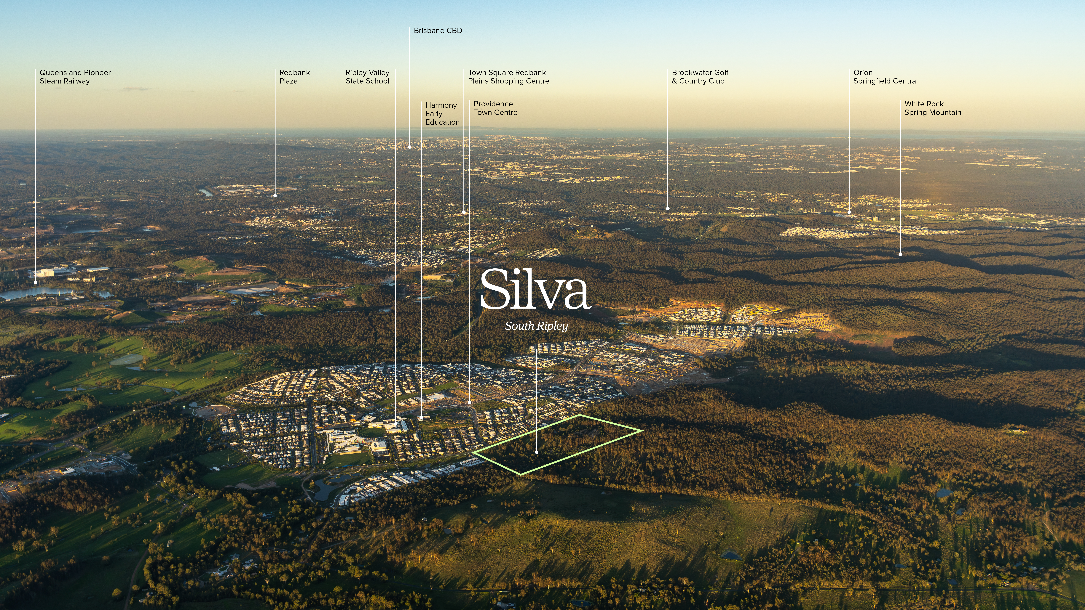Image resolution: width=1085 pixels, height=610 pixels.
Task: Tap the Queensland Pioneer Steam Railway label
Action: coord(75,77)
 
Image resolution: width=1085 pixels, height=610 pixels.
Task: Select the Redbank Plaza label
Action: coord(294,77)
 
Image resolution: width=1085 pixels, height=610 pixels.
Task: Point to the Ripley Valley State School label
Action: coord(367,77)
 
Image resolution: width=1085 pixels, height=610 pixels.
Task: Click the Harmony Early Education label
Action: coord(442,114)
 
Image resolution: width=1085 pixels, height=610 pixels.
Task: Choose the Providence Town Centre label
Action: coord(495,108)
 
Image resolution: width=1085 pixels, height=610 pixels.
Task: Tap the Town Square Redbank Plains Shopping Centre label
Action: coord(508,77)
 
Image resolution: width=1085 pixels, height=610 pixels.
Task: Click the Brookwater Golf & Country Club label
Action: coord(700,77)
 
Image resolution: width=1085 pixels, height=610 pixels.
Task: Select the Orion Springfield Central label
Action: coord(885,77)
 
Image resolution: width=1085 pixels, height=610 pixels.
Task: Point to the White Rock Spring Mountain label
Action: coord(933,108)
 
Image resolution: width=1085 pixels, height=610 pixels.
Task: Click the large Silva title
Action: coord(535,290)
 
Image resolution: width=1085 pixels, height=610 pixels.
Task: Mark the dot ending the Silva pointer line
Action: coord(537,452)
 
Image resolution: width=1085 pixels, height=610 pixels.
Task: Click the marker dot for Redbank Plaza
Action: coord(275,195)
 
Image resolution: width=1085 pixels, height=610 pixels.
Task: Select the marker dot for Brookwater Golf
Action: coord(668,208)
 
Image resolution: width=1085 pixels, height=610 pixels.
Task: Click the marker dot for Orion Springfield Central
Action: coord(849,212)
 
